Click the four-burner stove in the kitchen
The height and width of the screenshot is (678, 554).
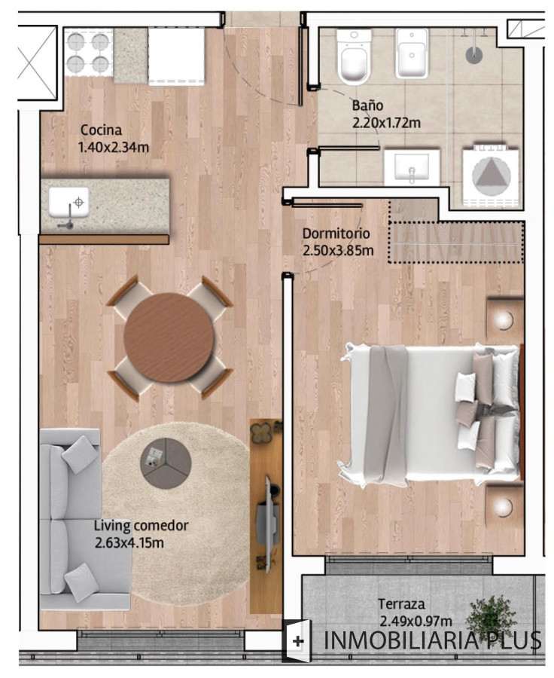coord(89,53)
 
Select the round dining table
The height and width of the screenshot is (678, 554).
coord(168,337)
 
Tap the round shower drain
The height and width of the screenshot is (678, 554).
coord(473,55)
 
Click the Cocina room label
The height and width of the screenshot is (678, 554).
coord(101,130)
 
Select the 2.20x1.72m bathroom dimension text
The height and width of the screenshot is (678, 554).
coord(385,122)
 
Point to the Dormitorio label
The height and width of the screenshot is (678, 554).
coord(336,234)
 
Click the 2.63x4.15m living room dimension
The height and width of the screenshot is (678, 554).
coord(129,542)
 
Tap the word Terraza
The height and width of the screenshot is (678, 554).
coord(401,604)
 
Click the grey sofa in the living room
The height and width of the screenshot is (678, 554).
coord(72,520)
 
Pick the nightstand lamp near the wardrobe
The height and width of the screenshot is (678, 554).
coord(505,319)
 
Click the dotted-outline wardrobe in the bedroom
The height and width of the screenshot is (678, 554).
coord(455,241)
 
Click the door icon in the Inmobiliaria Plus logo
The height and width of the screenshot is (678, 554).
coord(298,641)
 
